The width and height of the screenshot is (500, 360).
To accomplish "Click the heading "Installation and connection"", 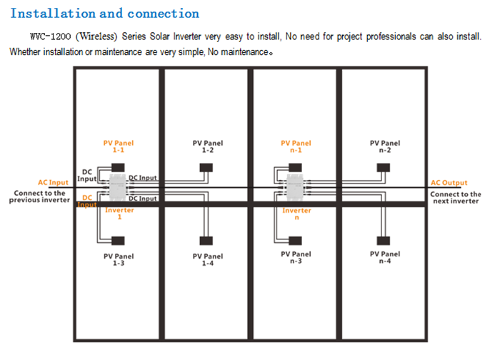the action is click(x=105, y=14).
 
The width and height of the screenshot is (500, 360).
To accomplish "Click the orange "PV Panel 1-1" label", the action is click(x=119, y=146).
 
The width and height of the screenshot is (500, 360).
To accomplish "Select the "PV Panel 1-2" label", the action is click(x=208, y=146).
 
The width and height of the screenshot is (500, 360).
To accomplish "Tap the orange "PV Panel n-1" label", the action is click(x=296, y=146).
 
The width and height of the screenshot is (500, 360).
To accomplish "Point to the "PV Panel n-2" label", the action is click(x=385, y=146).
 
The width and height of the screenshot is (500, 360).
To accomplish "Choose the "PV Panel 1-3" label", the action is click(x=119, y=259).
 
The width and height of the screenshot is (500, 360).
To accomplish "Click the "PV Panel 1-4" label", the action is click(x=208, y=259).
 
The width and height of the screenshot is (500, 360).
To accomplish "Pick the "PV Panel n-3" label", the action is click(x=296, y=257).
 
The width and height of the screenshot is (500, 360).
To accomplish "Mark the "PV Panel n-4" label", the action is click(x=385, y=257).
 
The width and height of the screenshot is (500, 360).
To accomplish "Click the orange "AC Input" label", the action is click(x=54, y=182).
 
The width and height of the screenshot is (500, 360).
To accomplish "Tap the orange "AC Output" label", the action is click(x=449, y=183).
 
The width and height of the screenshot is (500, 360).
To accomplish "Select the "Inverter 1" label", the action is click(x=119, y=214).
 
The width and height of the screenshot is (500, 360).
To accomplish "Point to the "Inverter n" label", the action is click(x=296, y=214).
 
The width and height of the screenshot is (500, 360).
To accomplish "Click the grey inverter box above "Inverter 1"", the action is click(x=117, y=187).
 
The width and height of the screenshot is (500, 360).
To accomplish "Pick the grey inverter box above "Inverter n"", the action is click(x=295, y=187).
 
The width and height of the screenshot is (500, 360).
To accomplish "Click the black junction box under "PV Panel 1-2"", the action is click(x=206, y=168).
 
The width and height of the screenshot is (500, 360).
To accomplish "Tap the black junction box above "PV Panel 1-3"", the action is click(x=118, y=241).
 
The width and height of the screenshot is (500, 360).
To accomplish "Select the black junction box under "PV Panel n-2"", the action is click(x=384, y=168).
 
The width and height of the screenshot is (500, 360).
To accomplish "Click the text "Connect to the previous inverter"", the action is click(x=39, y=196).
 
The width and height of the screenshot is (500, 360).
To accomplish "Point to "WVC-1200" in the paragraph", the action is click(x=51, y=36).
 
